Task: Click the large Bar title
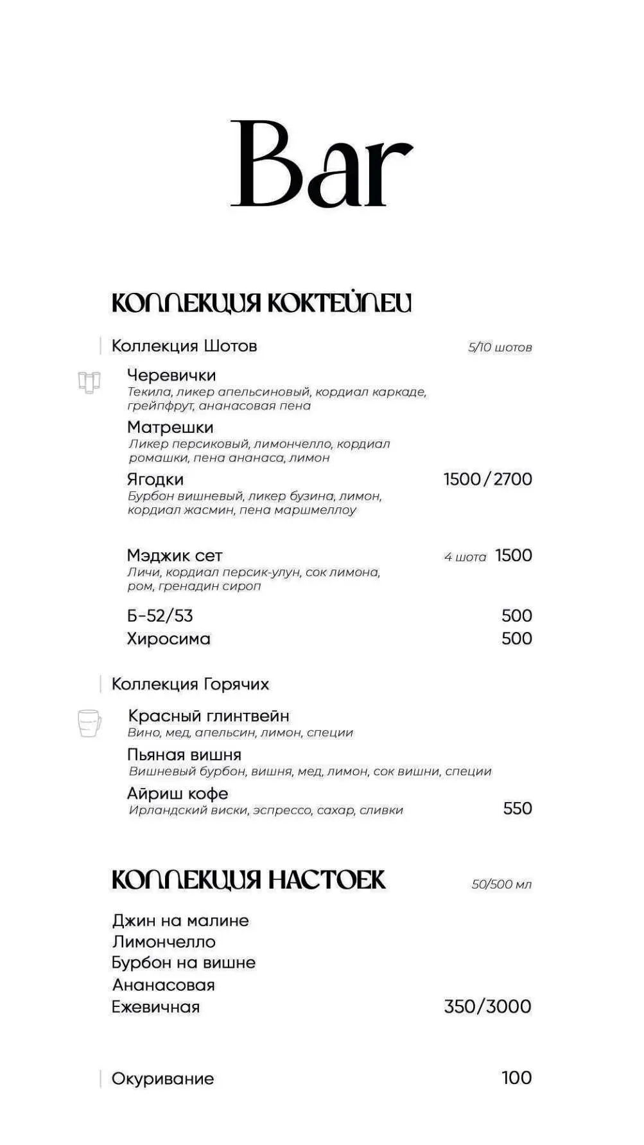321,164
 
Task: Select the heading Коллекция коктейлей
261,303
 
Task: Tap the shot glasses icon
89,382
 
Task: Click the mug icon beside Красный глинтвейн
89,723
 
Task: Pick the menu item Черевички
171,375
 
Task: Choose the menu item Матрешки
170,427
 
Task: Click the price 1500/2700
487,479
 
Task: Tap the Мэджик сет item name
175,555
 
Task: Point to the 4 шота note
465,557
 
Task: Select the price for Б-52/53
516,616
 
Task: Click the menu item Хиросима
169,639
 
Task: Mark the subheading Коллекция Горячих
190,684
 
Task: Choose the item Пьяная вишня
184,755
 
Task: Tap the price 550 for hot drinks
518,808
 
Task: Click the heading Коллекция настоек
248,880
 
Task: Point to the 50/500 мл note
501,884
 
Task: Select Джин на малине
180,920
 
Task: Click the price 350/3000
487,1006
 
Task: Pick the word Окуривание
162,1078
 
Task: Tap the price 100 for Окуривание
516,1078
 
